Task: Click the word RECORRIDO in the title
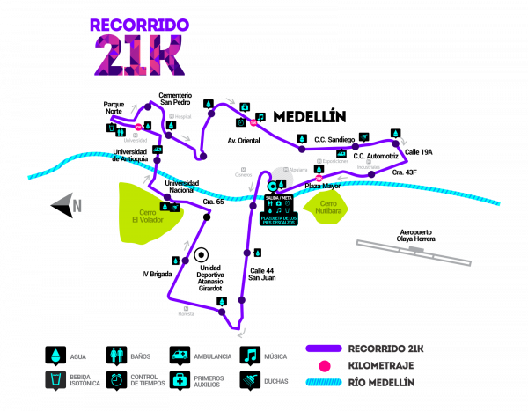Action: pyautogui.click(x=139, y=26)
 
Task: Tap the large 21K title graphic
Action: pyautogui.click(x=139, y=55)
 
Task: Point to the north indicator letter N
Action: pyautogui.click(x=77, y=206)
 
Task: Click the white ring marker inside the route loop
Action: pyautogui.click(x=201, y=255)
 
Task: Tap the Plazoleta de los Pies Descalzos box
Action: pyautogui.click(x=278, y=219)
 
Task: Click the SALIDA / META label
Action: pyautogui.click(x=278, y=198)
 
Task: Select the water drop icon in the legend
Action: pyautogui.click(x=55, y=355)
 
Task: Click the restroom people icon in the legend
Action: pyautogui.click(x=116, y=355)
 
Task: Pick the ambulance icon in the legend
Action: pyautogui.click(x=180, y=355)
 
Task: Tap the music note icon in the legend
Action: pyautogui.click(x=250, y=355)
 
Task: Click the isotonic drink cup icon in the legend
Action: pyautogui.click(x=55, y=380)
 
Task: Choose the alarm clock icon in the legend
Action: pyautogui.click(x=116, y=380)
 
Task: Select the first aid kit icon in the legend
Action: pyautogui.click(x=180, y=380)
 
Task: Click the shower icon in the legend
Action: pyautogui.click(x=250, y=380)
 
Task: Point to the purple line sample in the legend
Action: pyautogui.click(x=323, y=349)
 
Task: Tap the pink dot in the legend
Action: pyautogui.click(x=324, y=365)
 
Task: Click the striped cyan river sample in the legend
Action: pyautogui.click(x=323, y=382)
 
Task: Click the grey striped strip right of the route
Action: pyautogui.click(x=413, y=252)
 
